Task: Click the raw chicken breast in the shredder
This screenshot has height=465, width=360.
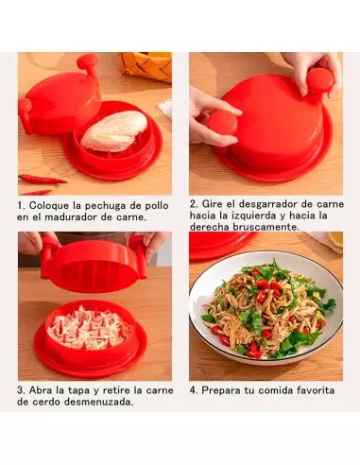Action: pyautogui.click(x=114, y=130)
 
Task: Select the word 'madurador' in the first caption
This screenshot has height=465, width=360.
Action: pyautogui.click(x=67, y=217)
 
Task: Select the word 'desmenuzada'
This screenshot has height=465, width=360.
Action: pyautogui.click(x=98, y=402)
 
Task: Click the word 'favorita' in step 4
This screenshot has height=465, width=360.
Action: pyautogui.click(x=316, y=390)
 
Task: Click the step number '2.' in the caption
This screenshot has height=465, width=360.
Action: pyautogui.click(x=194, y=204)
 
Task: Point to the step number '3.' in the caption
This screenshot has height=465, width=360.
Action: pyautogui.click(x=21, y=390)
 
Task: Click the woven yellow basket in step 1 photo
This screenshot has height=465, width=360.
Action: pyautogui.click(x=146, y=65)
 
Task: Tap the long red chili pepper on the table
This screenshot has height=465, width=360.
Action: pyautogui.click(x=43, y=180)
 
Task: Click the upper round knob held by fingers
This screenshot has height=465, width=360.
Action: pyautogui.click(x=320, y=80)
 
